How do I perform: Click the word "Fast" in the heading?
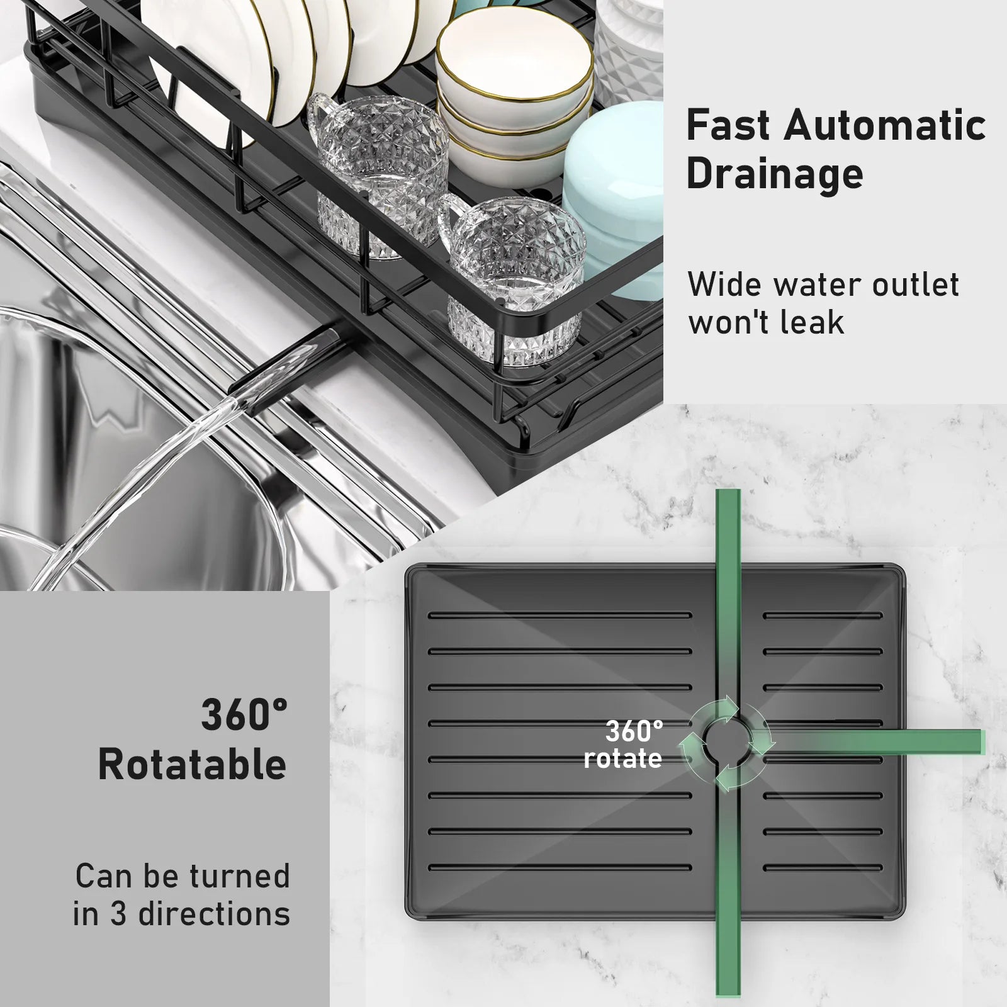728,125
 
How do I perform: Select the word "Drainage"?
775,174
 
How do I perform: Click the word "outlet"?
915,284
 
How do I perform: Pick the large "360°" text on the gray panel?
244,715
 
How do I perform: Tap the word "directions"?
214,914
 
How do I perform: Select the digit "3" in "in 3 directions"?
118,914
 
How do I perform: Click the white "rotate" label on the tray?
622,758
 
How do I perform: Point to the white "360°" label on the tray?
634,731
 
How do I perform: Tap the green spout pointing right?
881,742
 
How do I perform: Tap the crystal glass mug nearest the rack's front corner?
513,283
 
